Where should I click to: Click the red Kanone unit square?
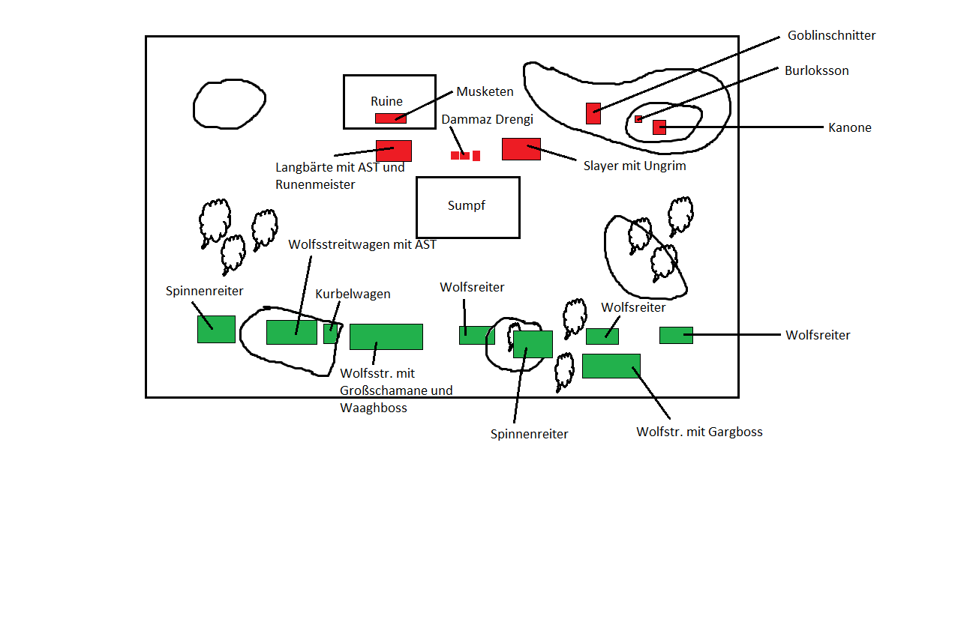[659, 127]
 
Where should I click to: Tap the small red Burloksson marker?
[638, 119]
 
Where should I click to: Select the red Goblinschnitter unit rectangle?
[593, 113]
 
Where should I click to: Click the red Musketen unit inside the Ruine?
[390, 118]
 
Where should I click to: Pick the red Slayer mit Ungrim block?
[521, 149]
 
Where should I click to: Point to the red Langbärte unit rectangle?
[393, 151]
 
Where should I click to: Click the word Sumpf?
[467, 205]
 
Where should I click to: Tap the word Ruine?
[386, 101]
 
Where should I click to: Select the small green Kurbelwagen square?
[330, 333]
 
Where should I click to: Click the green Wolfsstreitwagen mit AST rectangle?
[291, 332]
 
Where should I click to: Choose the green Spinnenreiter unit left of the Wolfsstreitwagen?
[216, 329]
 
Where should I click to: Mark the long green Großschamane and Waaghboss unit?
[386, 336]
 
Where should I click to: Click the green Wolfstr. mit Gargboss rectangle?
[611, 366]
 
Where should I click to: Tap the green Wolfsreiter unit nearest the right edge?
[675, 335]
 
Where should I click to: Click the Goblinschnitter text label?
[831, 35]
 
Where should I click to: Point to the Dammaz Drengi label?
[487, 120]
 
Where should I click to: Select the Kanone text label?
[849, 127]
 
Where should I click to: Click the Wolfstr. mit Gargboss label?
[699, 432]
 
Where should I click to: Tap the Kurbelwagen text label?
[353, 294]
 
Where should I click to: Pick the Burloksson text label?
[816, 70]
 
